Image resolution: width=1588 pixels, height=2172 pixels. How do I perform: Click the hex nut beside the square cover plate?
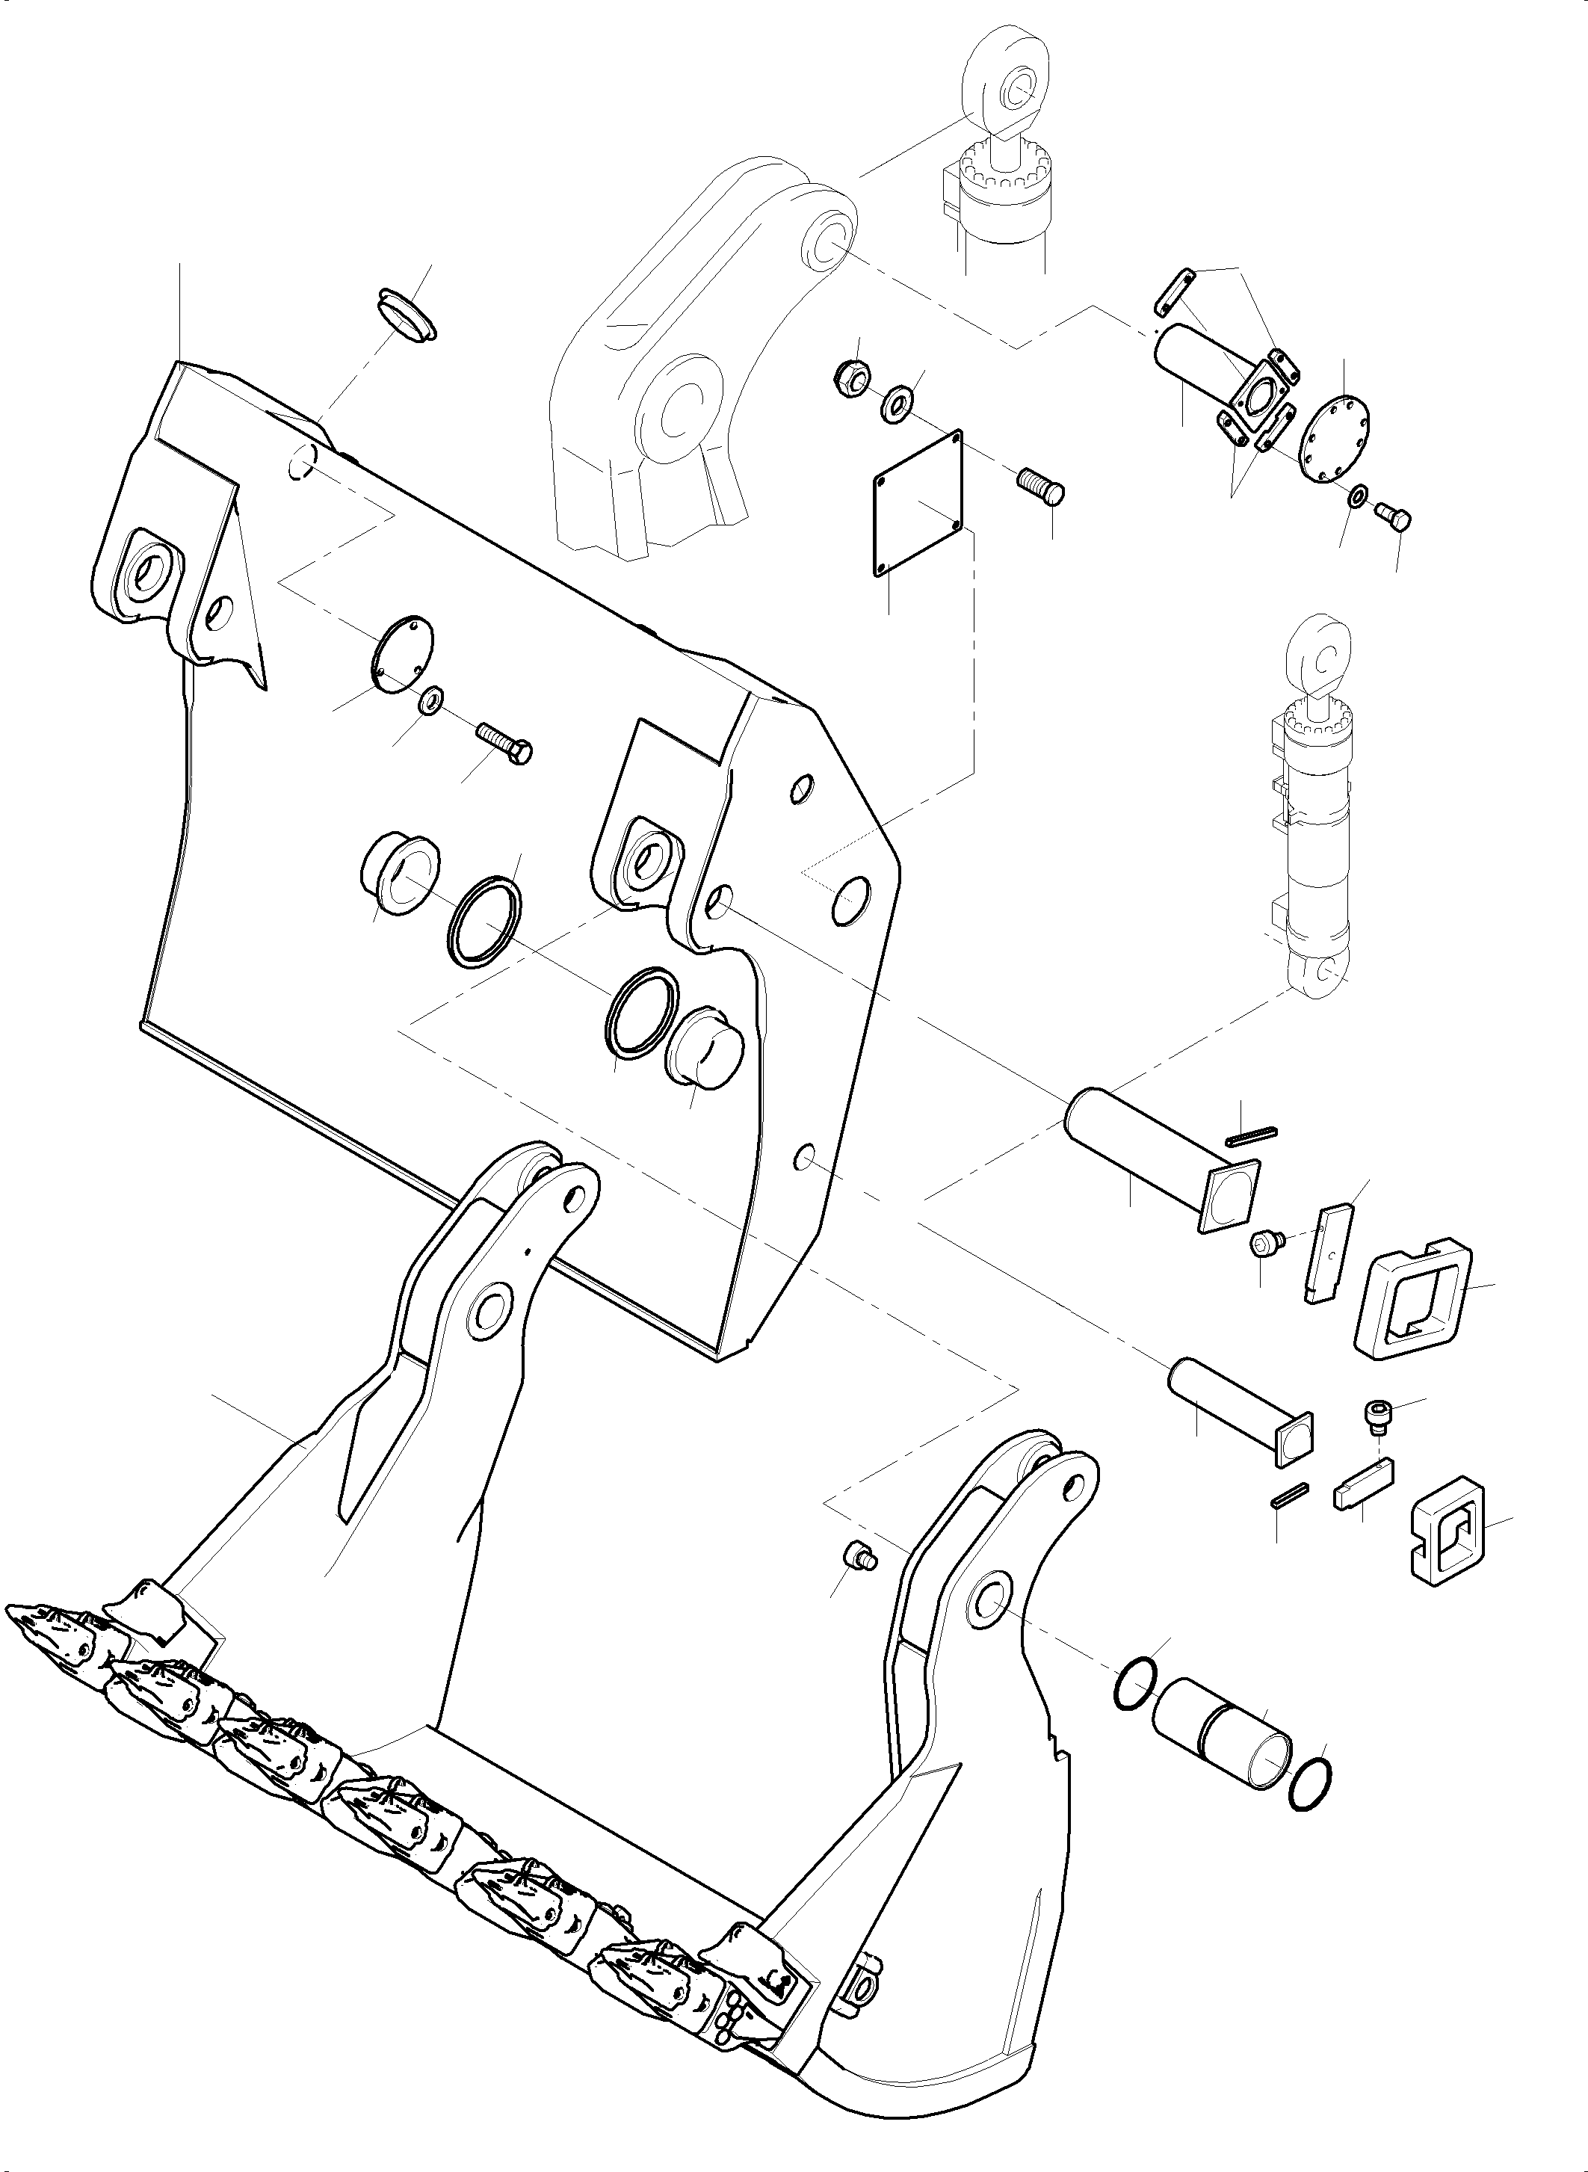[849, 378]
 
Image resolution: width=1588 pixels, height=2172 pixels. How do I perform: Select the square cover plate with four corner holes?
[918, 504]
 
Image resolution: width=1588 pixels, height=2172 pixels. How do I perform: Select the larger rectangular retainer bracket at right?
[1411, 1300]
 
